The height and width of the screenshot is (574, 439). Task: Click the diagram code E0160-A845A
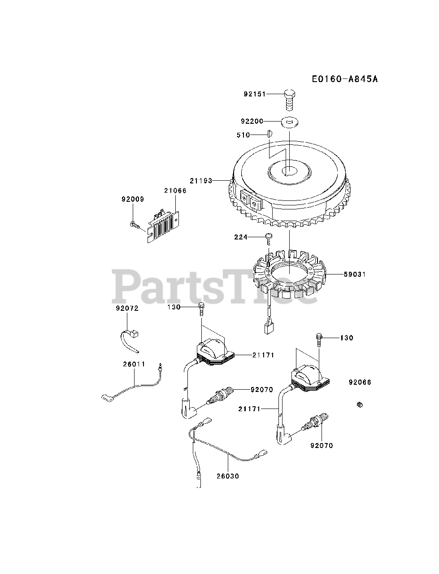[x=345, y=79]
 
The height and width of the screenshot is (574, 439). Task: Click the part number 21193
[x=200, y=180]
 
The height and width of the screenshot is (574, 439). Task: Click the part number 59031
[x=355, y=274]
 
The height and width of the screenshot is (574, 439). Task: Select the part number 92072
[x=127, y=309]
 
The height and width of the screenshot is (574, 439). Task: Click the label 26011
[x=134, y=364]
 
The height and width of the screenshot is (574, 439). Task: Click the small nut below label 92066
[x=359, y=405]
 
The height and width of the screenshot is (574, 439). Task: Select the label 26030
[x=228, y=476]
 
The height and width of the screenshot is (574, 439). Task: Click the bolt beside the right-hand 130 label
[x=318, y=339]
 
